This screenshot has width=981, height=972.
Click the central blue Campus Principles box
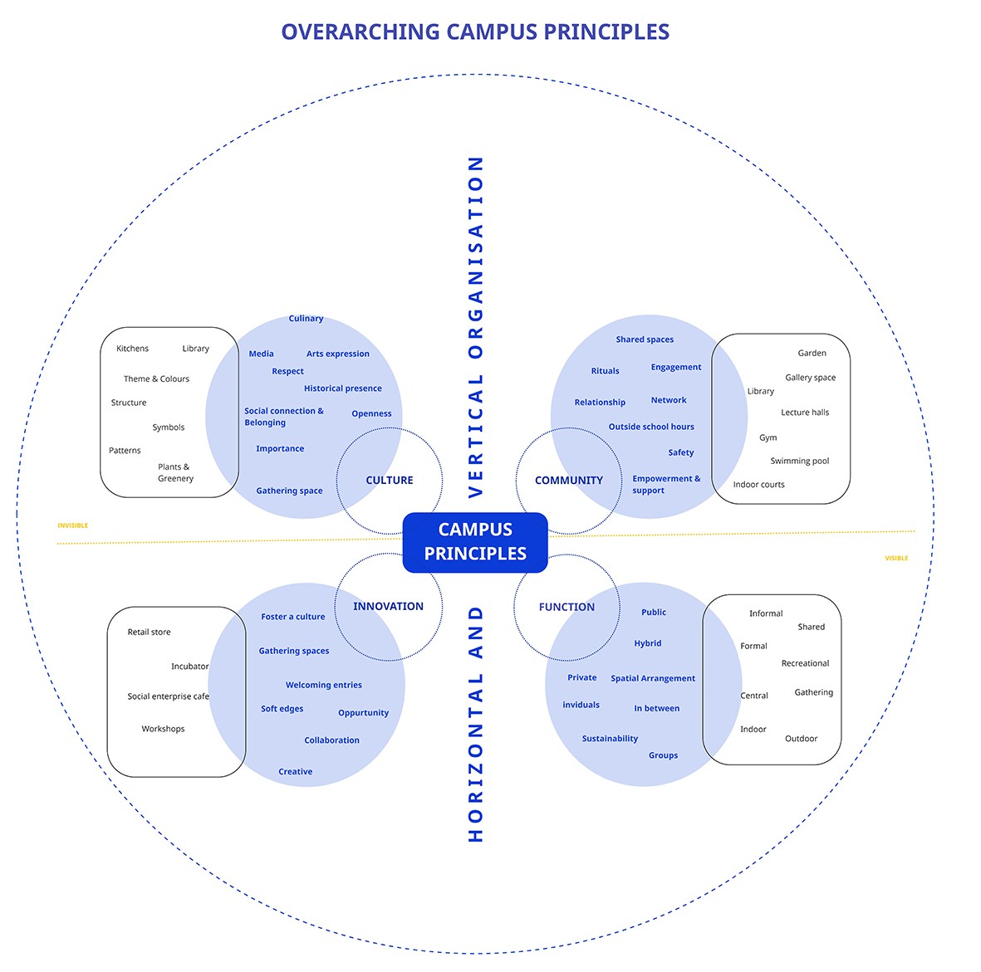coord(475,542)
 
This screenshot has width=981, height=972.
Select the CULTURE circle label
coord(390,481)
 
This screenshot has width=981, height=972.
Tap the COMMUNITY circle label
coord(569,481)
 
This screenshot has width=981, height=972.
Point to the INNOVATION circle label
coord(388,607)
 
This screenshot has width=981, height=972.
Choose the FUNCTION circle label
coord(567,608)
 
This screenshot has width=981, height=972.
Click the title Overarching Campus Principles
coord(475,32)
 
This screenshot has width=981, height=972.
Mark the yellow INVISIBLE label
coord(72,525)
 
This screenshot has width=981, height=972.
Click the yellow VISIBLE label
coord(896,559)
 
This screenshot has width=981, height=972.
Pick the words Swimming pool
coord(799,462)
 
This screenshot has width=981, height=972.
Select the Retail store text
coord(149,633)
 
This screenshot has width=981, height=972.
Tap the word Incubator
coord(189,667)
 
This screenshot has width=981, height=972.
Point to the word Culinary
coord(306,319)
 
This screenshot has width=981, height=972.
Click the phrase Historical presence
coord(342,388)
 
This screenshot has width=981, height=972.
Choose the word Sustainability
coord(610,739)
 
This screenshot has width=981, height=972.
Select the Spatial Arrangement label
coord(653,679)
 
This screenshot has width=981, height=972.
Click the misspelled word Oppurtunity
coord(363,713)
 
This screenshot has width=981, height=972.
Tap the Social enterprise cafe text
coord(168,697)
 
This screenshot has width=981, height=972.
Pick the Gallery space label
coord(810,378)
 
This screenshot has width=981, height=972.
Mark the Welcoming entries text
coord(323,686)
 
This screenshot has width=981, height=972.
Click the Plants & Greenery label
coord(175,473)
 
